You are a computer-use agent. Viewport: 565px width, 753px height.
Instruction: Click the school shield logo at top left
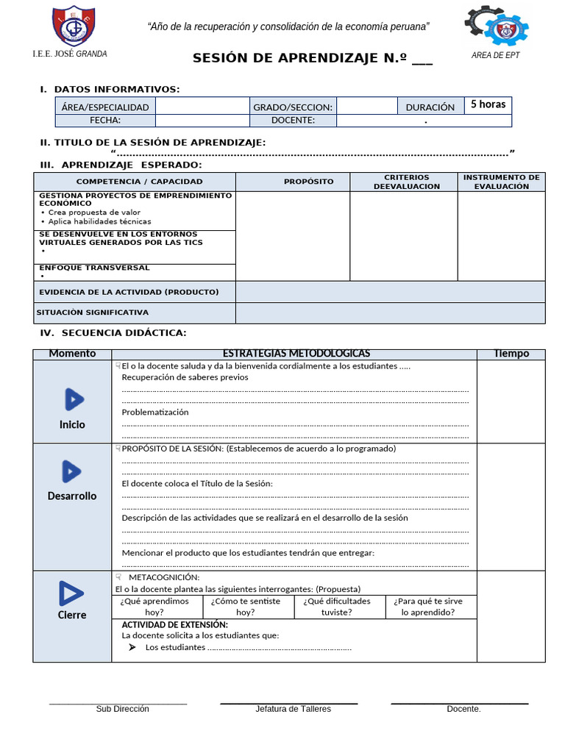74,26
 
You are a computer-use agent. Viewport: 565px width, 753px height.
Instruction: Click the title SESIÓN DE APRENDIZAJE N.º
312,60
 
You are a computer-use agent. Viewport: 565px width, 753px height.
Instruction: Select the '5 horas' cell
488,104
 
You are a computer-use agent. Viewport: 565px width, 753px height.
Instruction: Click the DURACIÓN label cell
430,107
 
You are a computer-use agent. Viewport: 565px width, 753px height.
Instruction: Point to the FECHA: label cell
105,120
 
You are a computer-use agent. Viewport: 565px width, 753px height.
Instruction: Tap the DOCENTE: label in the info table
293,120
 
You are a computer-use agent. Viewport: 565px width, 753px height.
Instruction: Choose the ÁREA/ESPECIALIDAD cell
105,107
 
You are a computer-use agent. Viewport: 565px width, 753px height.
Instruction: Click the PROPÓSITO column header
309,182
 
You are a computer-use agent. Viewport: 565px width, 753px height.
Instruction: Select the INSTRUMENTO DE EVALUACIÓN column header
501,182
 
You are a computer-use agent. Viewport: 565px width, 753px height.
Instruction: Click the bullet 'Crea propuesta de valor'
94,212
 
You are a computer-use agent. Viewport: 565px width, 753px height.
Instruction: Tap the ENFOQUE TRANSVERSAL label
94,268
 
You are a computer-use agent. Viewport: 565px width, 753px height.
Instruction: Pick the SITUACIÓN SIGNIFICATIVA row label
92,313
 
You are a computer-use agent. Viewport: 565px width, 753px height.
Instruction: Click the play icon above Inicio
73,399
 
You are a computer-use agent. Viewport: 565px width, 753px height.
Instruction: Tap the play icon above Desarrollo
71,471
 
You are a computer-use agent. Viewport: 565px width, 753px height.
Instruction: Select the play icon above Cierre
71,593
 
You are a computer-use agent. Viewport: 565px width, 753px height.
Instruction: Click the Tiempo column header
511,354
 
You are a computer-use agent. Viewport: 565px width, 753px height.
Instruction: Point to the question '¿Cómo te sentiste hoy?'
246,606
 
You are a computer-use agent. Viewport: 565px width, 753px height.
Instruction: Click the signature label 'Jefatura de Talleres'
293,709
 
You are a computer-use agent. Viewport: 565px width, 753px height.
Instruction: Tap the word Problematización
155,413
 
